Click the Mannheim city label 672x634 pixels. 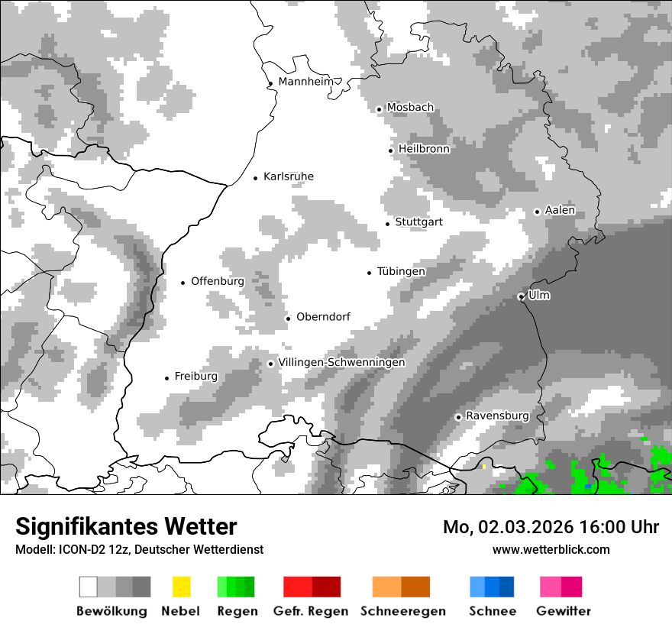click(305, 82)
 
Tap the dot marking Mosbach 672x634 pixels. click(379, 109)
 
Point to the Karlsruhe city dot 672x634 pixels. click(256, 178)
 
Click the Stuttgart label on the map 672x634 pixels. click(418, 222)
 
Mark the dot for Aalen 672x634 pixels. click(537, 212)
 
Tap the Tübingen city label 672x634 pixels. click(401, 271)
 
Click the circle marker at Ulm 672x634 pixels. click(521, 296)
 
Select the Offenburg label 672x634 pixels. click(218, 281)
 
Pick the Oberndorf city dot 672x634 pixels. click(288, 319)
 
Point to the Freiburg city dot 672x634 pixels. click(166, 378)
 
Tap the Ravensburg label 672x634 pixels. click(497, 416)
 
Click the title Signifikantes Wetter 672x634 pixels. click(126, 526)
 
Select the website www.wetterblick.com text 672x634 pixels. click(551, 549)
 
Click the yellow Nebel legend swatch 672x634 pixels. click(181, 587)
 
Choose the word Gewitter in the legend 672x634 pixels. click(563, 611)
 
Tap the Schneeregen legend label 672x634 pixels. click(402, 611)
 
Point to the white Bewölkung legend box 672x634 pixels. click(88, 587)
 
